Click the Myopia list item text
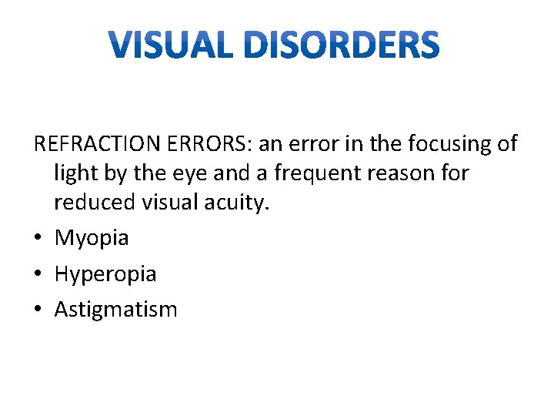coord(92,238)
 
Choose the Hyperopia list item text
coord(105,273)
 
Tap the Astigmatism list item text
coord(115,310)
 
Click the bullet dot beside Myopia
coord(38,238)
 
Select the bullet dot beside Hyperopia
coord(38,273)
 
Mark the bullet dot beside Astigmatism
coord(38,310)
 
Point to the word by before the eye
coord(116,173)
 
